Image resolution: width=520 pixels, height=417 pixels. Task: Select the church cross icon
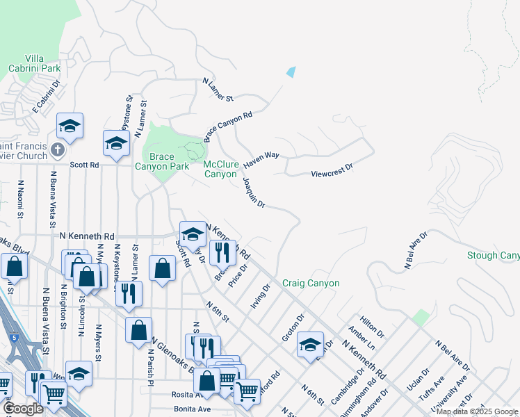coord(58,150)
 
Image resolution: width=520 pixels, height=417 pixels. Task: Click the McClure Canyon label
coord(221,169)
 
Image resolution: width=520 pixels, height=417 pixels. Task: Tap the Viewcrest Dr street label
coord(332,167)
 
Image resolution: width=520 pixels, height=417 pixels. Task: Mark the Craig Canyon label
coord(311,283)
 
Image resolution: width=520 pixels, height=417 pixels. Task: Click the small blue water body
coord(291,72)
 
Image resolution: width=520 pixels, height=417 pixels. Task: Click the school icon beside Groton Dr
coord(310,343)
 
